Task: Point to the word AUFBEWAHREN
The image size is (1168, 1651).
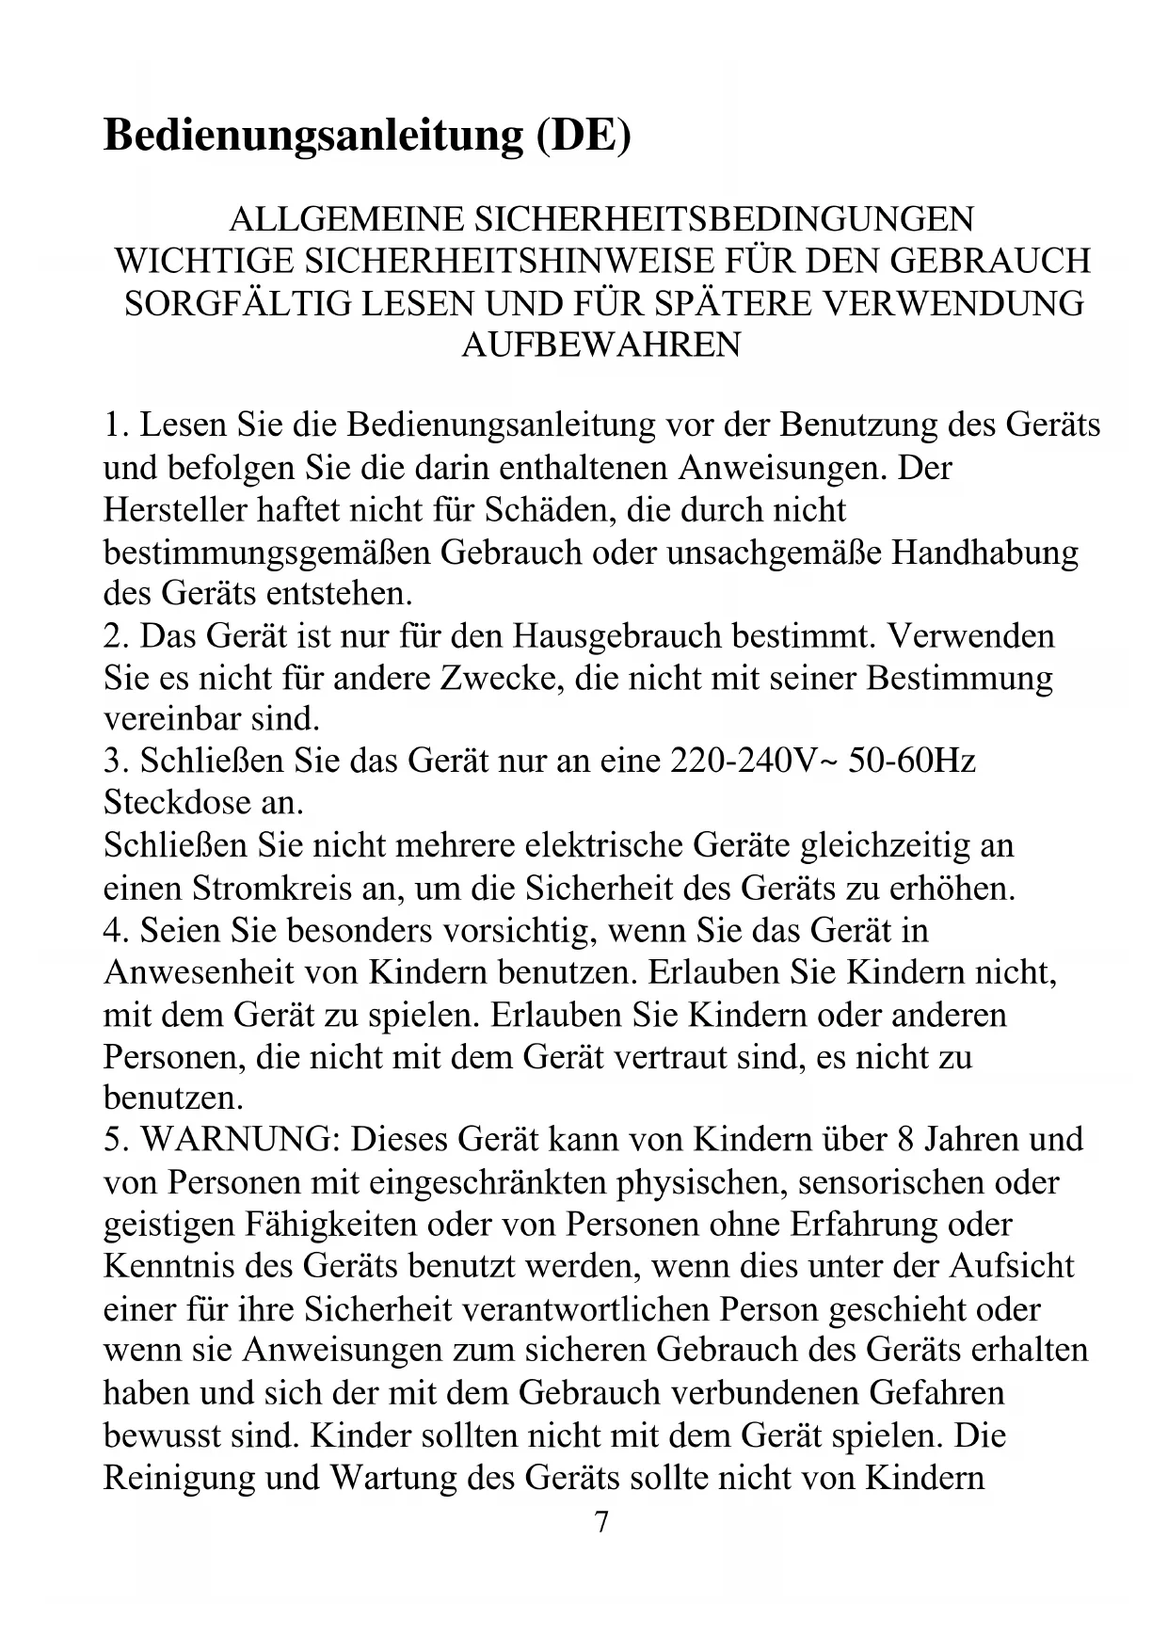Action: [600, 345]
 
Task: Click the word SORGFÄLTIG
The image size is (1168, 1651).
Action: [236, 303]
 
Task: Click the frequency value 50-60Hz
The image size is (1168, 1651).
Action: [911, 761]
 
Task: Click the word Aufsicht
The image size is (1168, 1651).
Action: [1011, 1266]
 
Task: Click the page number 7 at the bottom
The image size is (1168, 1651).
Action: [601, 1521]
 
